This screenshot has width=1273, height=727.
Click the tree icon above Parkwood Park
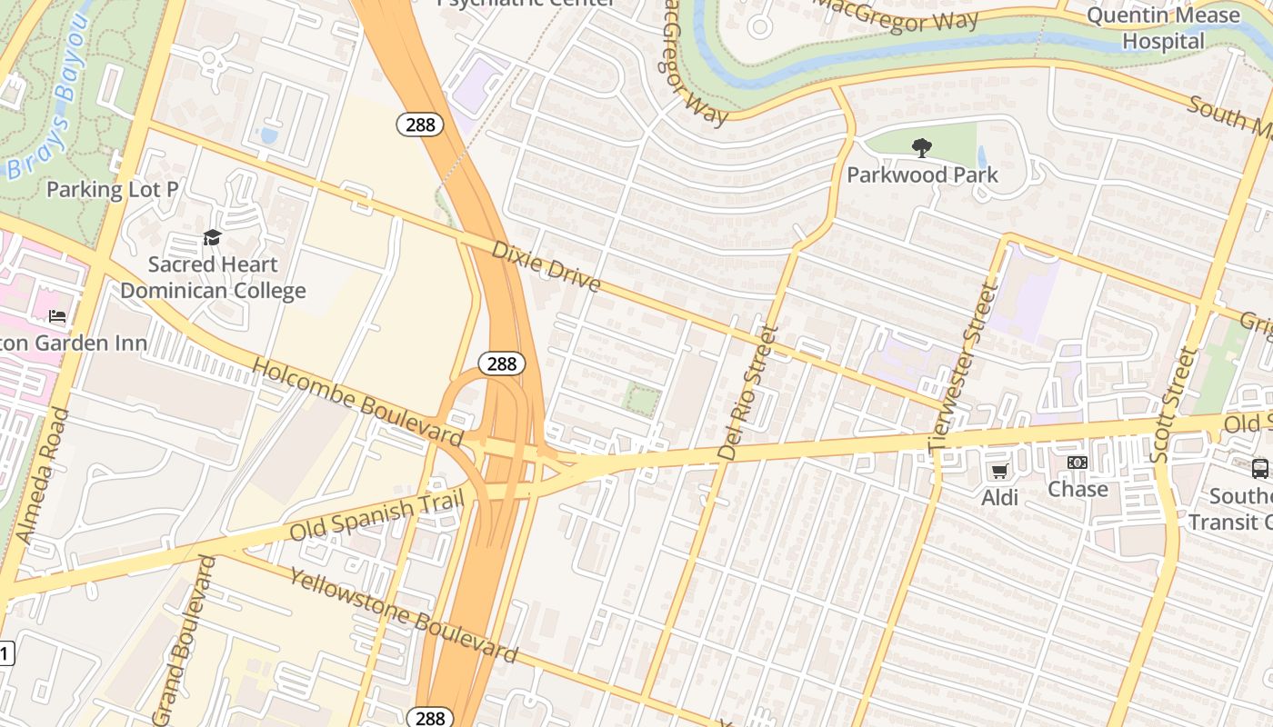coord(922,147)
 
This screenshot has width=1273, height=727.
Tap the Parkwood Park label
coord(922,174)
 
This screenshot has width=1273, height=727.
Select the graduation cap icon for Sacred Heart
coord(212,238)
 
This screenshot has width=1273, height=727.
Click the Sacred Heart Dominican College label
coord(213,277)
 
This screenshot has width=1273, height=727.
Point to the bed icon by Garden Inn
coord(57,316)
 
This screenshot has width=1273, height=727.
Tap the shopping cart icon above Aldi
coord(999,470)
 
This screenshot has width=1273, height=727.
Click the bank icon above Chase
coord(1078,463)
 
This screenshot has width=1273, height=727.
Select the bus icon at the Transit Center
coord(1259,469)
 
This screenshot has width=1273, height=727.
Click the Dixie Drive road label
coord(546,266)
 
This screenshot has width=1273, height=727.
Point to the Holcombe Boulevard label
coord(357,401)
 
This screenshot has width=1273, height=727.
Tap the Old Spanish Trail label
coord(377,515)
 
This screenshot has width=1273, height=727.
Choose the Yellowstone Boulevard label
coord(404,615)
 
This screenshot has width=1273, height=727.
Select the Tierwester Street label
coord(964,367)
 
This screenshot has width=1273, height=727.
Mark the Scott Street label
coord(1172,404)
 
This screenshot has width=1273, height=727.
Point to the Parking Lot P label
coord(112,189)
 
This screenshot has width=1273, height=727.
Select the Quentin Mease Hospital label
coord(1163,28)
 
